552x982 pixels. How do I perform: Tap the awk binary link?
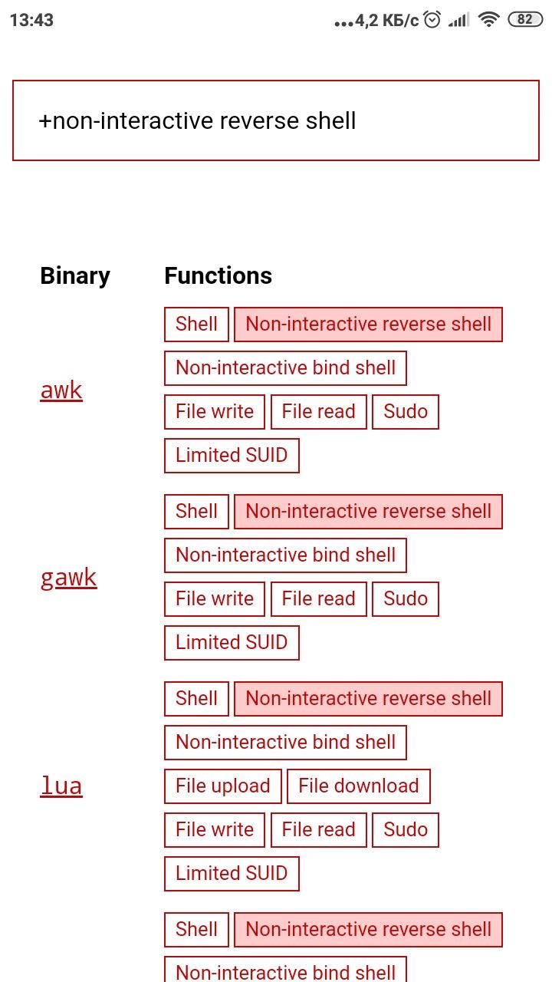point(61,390)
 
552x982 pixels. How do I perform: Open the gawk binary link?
point(68,578)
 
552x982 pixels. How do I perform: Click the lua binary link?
point(61,786)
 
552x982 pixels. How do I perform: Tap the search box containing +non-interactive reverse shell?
point(276,120)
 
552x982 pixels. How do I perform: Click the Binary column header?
point(75,275)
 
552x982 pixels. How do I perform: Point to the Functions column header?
point(219,275)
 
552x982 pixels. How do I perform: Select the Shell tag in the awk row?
point(197,325)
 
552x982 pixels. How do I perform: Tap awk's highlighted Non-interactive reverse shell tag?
point(369,325)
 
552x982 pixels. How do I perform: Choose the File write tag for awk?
point(215,412)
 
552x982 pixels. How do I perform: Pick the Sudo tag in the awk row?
point(406,412)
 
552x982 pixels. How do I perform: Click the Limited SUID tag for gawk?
point(232,643)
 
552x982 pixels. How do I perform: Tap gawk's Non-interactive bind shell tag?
point(286,555)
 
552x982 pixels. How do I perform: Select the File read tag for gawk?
point(318,599)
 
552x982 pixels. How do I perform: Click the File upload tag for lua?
point(223,786)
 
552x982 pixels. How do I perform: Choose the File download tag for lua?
point(359,786)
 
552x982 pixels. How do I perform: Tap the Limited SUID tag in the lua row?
point(232,873)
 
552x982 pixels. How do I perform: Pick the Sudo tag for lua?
point(406,830)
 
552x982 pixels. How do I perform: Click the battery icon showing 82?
point(525,20)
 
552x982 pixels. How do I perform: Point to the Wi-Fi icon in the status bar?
point(489,20)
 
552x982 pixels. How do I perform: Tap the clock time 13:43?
point(31,20)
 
